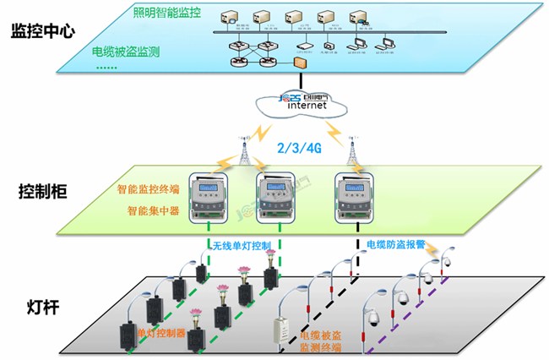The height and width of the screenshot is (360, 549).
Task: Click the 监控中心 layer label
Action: (43, 31)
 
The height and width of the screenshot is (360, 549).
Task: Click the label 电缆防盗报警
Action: (395, 244)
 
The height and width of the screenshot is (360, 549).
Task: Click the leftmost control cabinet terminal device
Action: (208, 200)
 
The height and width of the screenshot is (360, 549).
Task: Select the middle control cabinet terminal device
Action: (275, 200)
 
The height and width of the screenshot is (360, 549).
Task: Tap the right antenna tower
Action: (351, 145)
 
